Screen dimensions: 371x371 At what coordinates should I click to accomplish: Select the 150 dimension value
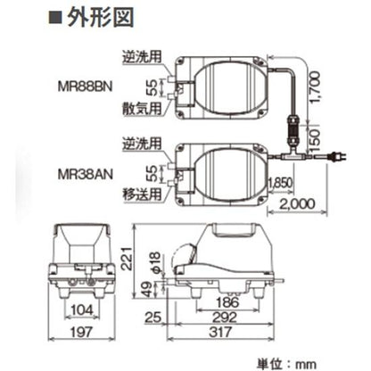pyautogui.click(x=311, y=141)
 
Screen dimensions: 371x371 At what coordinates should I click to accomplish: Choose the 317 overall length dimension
pyautogui.click(x=234, y=333)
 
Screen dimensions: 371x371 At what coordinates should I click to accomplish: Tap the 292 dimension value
pyautogui.click(x=234, y=317)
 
